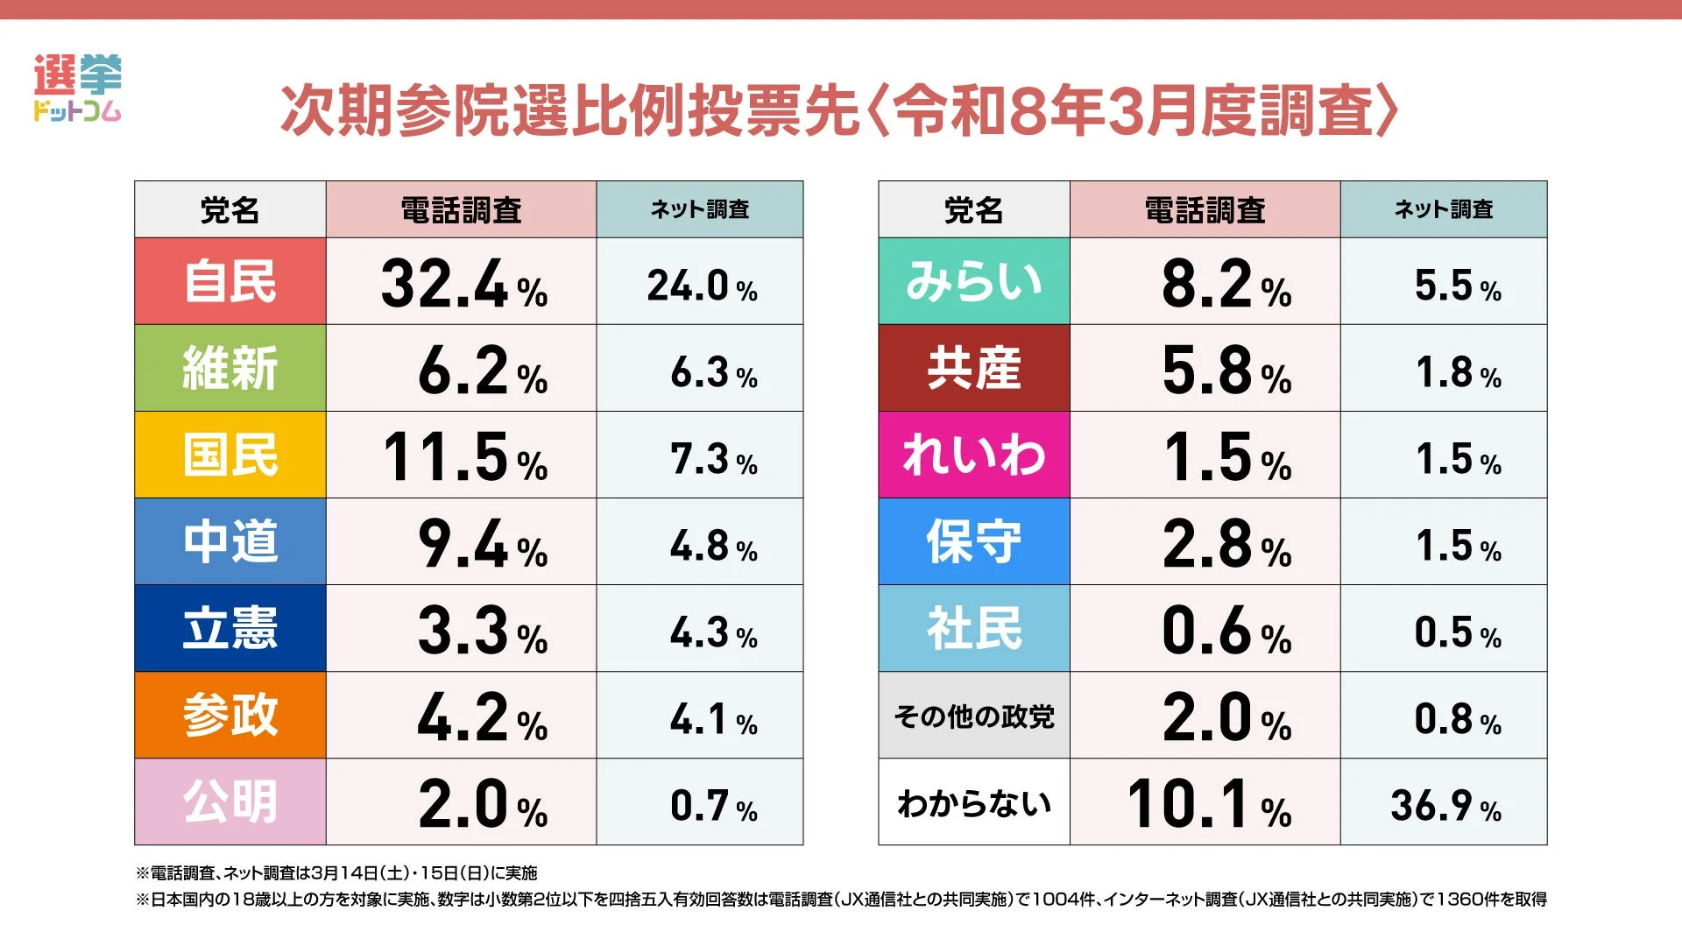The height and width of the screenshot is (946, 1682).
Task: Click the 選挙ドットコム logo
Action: click(x=77, y=88)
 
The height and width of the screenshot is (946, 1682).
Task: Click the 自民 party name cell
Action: click(x=230, y=281)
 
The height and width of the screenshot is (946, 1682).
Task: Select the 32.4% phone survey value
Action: click(x=463, y=284)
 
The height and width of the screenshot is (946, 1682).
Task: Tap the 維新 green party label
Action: click(x=230, y=368)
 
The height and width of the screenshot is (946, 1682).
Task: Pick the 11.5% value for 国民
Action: click(x=464, y=456)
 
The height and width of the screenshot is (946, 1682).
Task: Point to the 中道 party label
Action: click(x=230, y=541)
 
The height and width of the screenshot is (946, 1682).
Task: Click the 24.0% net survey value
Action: click(x=701, y=286)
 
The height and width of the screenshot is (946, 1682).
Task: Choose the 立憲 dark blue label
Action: click(x=230, y=628)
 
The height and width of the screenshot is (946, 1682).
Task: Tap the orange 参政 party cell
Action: click(x=230, y=715)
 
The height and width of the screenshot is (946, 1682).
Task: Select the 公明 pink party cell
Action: click(x=230, y=801)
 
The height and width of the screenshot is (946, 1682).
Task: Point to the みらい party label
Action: click(x=974, y=281)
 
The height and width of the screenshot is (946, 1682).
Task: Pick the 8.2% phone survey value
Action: click(x=1225, y=284)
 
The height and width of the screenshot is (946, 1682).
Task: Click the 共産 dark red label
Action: click(x=974, y=368)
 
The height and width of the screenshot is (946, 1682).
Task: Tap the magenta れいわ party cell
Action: click(x=974, y=455)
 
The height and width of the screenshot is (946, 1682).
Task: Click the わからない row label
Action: click(x=974, y=802)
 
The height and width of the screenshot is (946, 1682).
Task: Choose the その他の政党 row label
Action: click(x=974, y=716)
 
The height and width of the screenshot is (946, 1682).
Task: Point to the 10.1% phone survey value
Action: click(x=1207, y=803)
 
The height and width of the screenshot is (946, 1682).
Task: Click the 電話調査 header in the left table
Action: click(x=461, y=210)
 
